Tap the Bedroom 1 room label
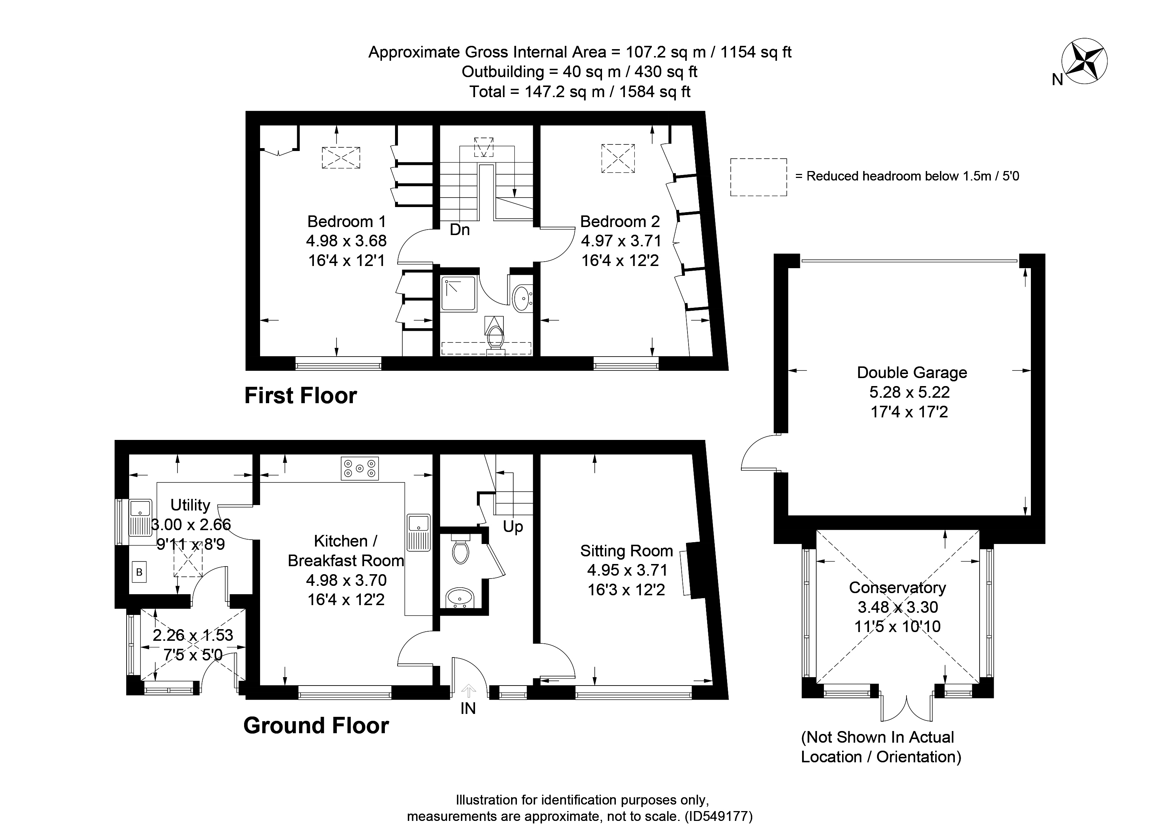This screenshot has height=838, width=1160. tap(347, 222)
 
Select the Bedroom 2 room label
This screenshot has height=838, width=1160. tap(620, 222)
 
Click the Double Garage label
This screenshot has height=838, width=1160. tap(912, 373)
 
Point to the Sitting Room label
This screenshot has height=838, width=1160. tap(626, 551)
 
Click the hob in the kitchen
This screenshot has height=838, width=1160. tap(359, 468)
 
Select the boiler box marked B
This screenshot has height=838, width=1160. tap(139, 572)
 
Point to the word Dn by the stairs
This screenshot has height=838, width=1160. tap(459, 230)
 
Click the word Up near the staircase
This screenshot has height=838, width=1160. tap(513, 527)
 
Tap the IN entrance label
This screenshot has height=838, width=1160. tap(467, 708)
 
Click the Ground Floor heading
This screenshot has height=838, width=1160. tap(316, 726)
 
